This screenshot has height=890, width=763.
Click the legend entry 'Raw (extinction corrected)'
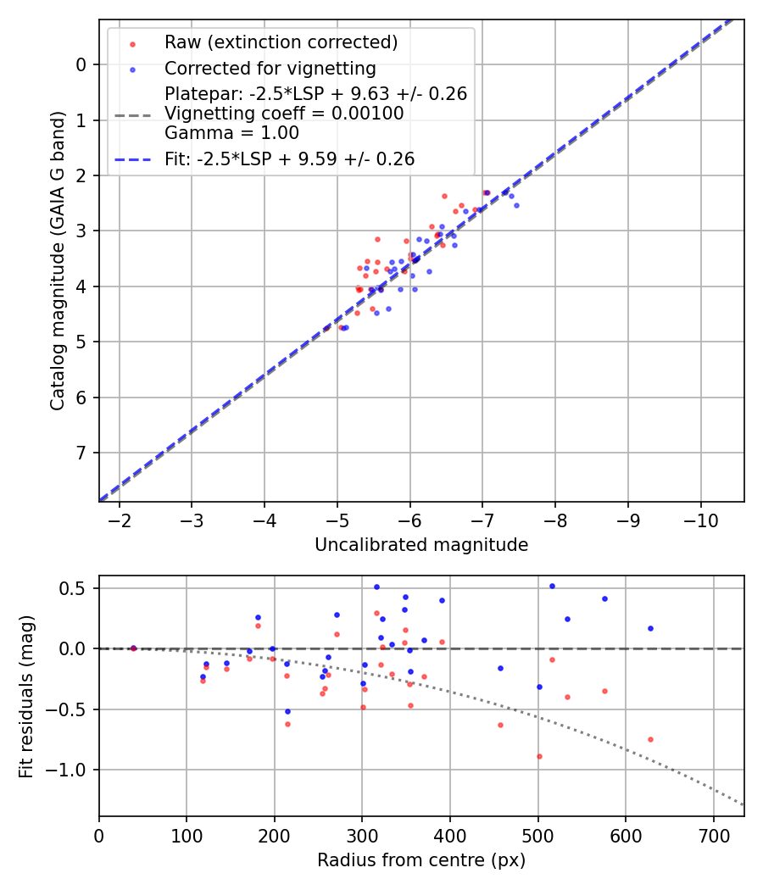281,42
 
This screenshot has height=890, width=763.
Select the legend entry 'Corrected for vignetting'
270,68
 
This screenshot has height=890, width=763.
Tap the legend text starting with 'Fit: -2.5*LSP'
289,159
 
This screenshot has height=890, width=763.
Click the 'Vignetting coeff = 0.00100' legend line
284,114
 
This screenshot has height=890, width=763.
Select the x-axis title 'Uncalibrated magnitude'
421,545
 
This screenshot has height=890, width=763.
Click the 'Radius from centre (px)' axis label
421,860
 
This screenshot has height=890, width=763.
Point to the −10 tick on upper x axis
700,519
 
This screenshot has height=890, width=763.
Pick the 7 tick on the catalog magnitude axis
81,453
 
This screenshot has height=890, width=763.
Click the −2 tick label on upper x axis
120,519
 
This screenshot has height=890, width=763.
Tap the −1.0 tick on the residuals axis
72,770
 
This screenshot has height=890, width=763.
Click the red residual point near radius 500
539,756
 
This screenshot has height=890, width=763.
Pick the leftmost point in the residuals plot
133,648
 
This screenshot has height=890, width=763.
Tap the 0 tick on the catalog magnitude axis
81,64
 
